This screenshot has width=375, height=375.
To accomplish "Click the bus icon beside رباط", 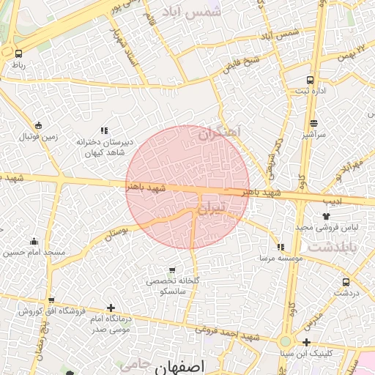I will pyautogui.click(x=18, y=53).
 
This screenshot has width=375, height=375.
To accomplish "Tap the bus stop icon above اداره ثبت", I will pyautogui.click(x=310, y=80).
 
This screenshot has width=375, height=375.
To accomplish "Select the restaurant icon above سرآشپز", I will pyautogui.click(x=313, y=123).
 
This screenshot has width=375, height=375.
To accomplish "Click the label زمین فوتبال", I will pyautogui.click(x=37, y=137).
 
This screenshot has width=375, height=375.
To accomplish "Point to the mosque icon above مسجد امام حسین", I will pyautogui.click(x=34, y=241).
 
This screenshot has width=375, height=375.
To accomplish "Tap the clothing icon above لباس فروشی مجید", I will pyautogui.click(x=327, y=216).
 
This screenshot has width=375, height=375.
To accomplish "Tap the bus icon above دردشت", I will pyautogui.click(x=346, y=281).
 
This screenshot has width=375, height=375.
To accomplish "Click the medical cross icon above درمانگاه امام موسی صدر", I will pyautogui.click(x=111, y=308).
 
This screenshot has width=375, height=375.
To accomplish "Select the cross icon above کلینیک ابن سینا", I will pyautogui.click(x=306, y=342).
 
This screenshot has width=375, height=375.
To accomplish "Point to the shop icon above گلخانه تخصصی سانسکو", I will pyautogui.click(x=172, y=270).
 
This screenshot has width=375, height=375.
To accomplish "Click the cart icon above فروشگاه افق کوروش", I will pyautogui.click(x=51, y=300).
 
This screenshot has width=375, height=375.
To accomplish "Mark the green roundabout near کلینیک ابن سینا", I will pyautogui.click(x=285, y=341).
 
